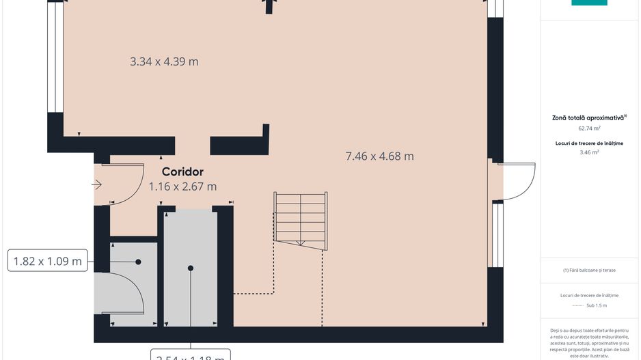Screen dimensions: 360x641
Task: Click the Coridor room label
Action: click(182, 172)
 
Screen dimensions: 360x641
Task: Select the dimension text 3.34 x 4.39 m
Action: click(164, 61)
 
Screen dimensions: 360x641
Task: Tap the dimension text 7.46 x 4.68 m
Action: click(379, 156)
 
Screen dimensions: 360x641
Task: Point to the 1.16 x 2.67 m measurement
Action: click(182, 186)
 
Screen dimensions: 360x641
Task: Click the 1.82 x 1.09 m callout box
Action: click(48, 260)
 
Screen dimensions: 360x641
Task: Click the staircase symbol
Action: click(300, 219)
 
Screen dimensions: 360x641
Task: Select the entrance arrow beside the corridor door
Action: click(96, 184)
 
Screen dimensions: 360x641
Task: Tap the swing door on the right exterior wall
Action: click(518, 181)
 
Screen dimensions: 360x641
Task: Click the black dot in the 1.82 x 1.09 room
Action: click(138, 262)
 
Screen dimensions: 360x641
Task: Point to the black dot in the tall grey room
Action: click(191, 268)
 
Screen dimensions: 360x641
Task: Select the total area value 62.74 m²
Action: click(589, 128)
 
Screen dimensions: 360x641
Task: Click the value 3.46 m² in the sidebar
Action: click(589, 152)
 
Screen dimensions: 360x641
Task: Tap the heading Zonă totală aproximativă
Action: click(588, 117)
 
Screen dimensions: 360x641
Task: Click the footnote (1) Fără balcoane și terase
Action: click(589, 270)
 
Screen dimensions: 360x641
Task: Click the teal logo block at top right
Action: click(589, 3)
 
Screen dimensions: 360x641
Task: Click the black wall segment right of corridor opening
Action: click(239, 146)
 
